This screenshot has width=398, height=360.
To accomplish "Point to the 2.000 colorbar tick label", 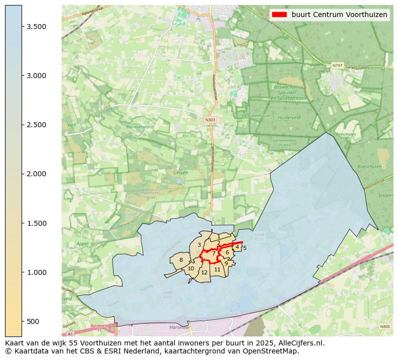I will click(x=38, y=174).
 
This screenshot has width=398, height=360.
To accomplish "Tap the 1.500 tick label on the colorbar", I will click(x=38, y=223).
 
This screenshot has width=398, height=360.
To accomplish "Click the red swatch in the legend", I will click(x=280, y=15).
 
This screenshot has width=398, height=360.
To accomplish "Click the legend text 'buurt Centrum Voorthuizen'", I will click(x=339, y=15).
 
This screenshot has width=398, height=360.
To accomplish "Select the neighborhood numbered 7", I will click(x=214, y=253).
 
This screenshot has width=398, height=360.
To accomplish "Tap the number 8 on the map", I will click(x=181, y=260).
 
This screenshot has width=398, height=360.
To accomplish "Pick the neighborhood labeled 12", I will click(x=204, y=272).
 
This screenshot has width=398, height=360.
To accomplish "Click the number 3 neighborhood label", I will click(x=200, y=245).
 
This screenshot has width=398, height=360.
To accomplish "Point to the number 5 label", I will click(x=245, y=248).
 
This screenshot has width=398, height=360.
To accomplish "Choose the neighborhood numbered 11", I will click(x=217, y=269).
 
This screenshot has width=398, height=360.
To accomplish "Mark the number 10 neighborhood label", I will click(x=190, y=269).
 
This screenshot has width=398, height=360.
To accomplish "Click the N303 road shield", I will click(x=210, y=120).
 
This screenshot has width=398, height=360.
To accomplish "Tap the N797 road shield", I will click(x=337, y=65).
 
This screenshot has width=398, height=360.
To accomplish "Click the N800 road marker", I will click(x=384, y=326).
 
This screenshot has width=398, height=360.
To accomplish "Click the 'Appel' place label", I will click(x=82, y=244).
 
